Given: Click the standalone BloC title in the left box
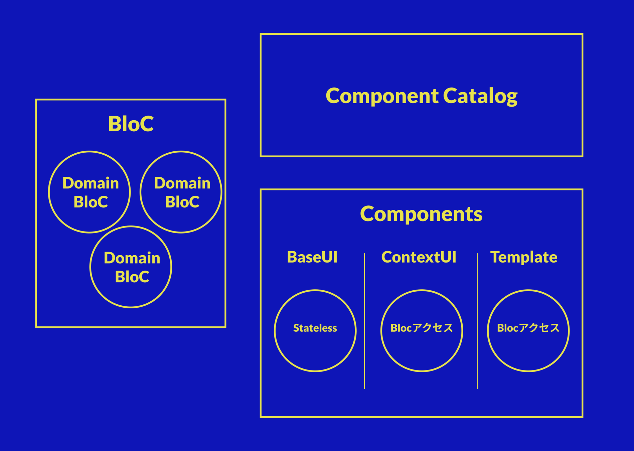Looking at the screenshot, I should [131, 124].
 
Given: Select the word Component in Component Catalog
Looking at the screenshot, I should [381, 96].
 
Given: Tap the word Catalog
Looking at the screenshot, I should [480, 96].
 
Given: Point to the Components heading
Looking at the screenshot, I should [421, 214].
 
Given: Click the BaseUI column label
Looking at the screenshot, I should [312, 257].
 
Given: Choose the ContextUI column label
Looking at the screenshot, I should [419, 257].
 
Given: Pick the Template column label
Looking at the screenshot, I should [523, 257].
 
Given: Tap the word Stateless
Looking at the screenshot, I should [315, 328].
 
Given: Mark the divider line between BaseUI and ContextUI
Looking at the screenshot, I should [364, 321].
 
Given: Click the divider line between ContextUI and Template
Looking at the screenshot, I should [477, 321].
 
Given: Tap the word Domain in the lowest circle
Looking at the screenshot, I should [132, 258].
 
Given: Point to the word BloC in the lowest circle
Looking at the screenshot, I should [132, 277].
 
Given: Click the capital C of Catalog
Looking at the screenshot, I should [450, 96].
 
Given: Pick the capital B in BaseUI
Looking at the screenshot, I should [292, 257].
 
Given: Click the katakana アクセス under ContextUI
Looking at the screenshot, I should [433, 328].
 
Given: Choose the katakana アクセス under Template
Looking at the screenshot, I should [539, 328].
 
